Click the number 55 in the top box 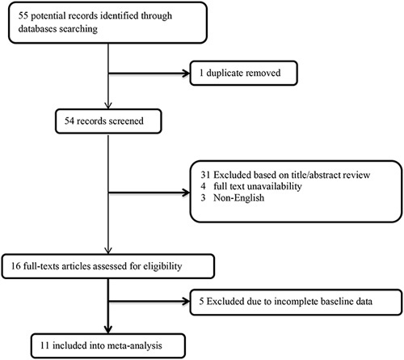pyautogui.click(x=23, y=15)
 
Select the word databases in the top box pyautogui.click(x=37, y=28)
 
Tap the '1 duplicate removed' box pyautogui.click(x=244, y=73)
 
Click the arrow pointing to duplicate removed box pyautogui.click(x=149, y=73)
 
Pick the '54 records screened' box pyautogui.click(x=108, y=121)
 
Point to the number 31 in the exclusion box pyautogui.click(x=205, y=175)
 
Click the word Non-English pyautogui.click(x=238, y=198)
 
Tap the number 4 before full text pyautogui.click(x=203, y=186)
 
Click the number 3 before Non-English pyautogui.click(x=203, y=198)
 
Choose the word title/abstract pyautogui.click(x=317, y=175)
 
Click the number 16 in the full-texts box pyautogui.click(x=16, y=266)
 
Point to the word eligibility pyautogui.click(x=162, y=266)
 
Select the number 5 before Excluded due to pyautogui.click(x=201, y=301)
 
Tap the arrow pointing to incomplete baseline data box pyautogui.click(x=149, y=302)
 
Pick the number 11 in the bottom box pyautogui.click(x=45, y=345)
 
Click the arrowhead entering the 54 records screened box pyautogui.click(x=108, y=105)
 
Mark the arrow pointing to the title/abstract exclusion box pyautogui.click(x=149, y=193)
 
